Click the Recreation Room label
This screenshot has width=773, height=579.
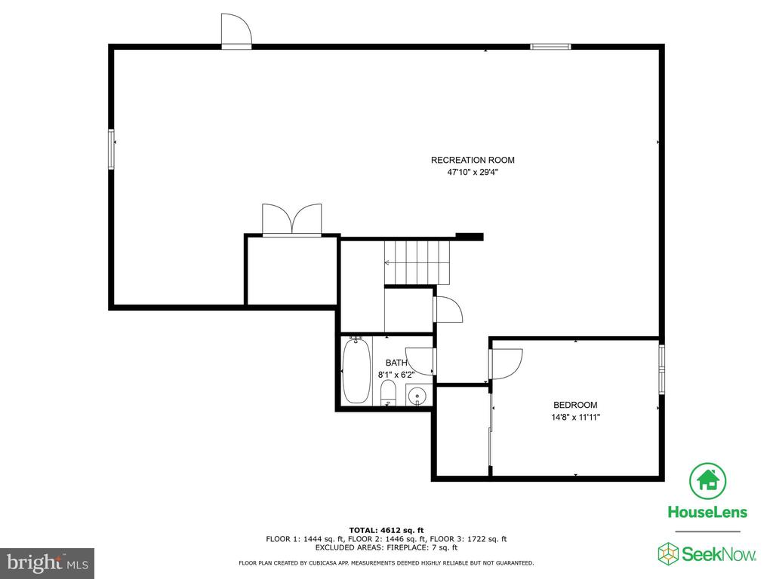click(473, 160)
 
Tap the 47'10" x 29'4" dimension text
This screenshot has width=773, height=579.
click(473, 173)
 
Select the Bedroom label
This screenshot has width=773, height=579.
click(575, 405)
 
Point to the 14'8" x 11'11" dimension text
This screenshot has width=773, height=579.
click(575, 418)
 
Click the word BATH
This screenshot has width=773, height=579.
click(396, 363)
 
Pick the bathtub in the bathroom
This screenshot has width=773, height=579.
click(356, 371)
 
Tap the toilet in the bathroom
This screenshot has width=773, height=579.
click(389, 393)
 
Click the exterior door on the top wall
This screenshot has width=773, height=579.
click(236, 31)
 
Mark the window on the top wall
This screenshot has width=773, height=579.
click(550, 47)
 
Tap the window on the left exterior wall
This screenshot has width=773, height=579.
click(112, 149)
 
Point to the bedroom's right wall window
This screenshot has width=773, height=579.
click(661, 369)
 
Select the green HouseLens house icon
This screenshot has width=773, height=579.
click(707, 481)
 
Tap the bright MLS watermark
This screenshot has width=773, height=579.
click(48, 562)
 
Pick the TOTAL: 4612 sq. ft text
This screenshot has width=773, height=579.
click(386, 530)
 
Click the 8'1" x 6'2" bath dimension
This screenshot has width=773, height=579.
click(396, 375)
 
